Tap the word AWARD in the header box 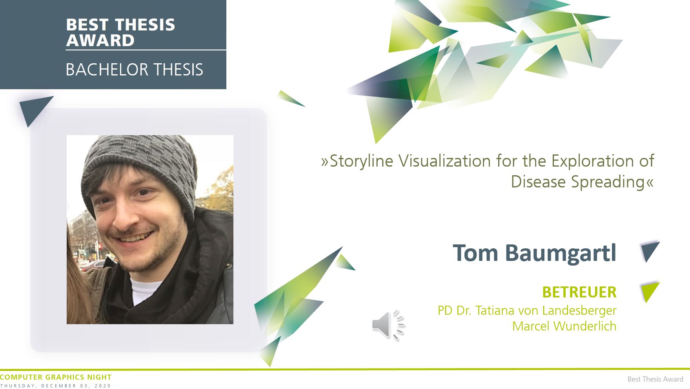(100, 40)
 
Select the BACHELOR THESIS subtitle (134, 70)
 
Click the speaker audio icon (388, 325)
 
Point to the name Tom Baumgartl (534, 253)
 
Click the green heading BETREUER (579, 292)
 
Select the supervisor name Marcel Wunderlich (564, 326)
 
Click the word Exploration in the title (591, 161)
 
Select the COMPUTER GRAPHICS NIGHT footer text (56, 377)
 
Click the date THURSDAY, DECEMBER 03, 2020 (56, 386)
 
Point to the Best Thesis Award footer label (655, 379)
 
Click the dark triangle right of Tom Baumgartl (649, 251)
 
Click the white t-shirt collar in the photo (145, 291)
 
